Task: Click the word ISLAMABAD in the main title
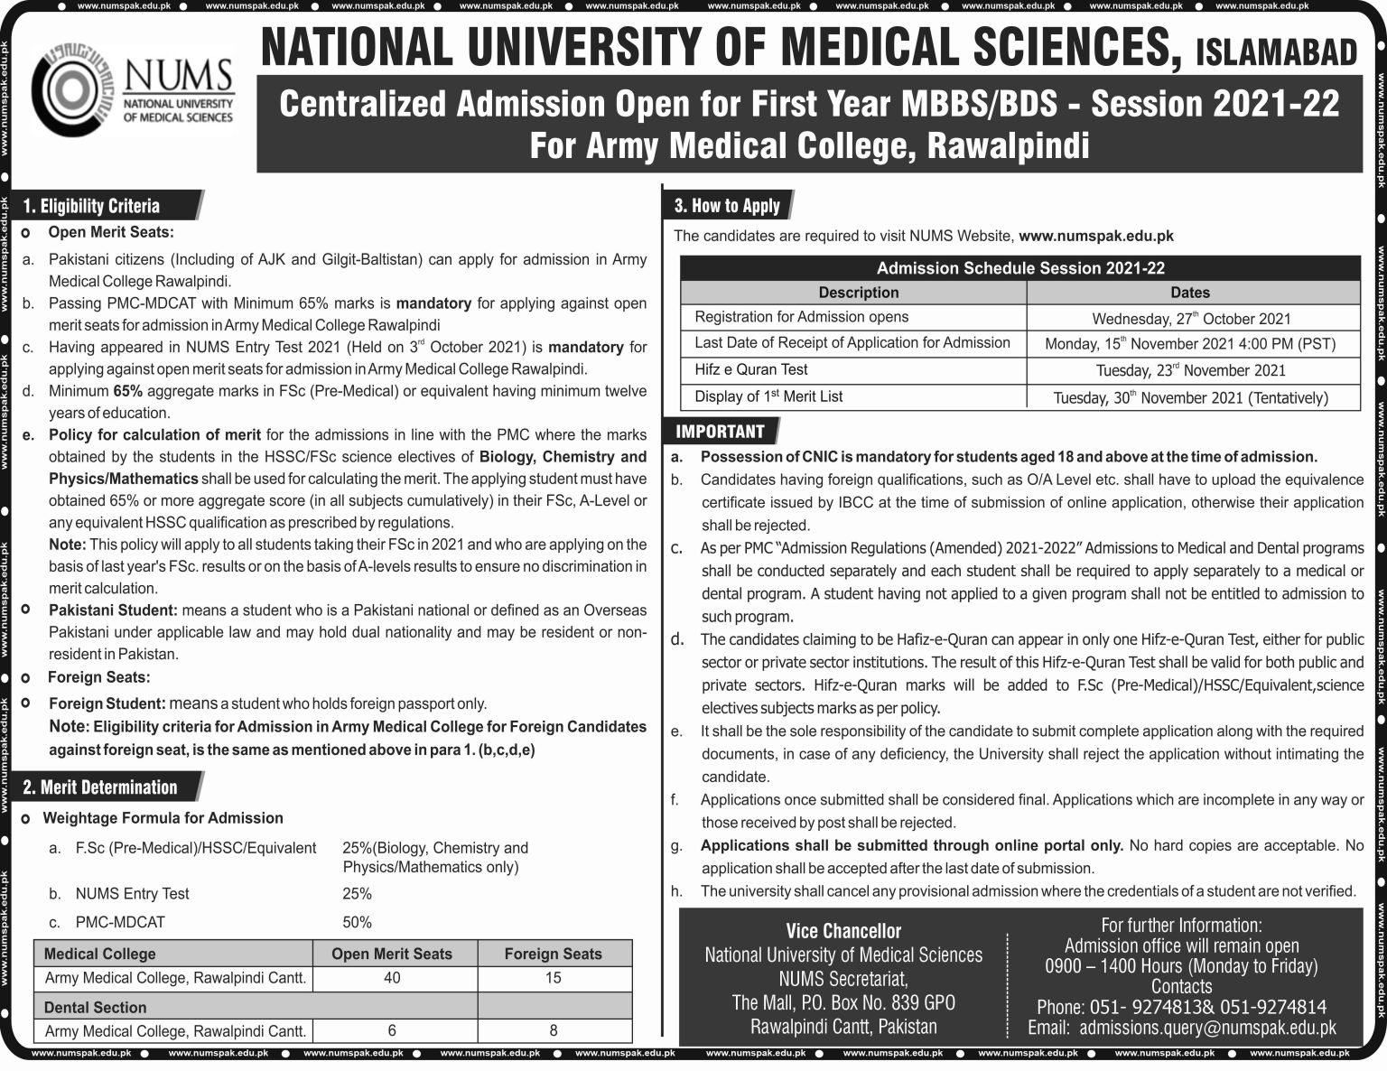coord(1275,54)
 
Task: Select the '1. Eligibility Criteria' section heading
coord(91,206)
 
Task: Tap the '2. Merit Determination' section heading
coord(100,787)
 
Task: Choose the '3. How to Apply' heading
coord(727,206)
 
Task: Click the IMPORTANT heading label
coord(720,432)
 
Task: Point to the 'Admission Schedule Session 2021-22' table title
coord(1019,268)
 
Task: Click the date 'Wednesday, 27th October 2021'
coord(1191,318)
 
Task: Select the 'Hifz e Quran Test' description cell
coord(751,369)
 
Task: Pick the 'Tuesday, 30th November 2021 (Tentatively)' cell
coord(1191,397)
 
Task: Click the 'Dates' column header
coord(1190,293)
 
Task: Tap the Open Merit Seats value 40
coord(392,978)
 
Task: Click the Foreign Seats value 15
coord(553,978)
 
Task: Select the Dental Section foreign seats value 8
coord(553,1030)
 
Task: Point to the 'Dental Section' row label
coord(95,1007)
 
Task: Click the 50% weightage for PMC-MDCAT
coord(357,922)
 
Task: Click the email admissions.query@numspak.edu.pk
coord(1207,1028)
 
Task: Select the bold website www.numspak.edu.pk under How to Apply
coord(1096,236)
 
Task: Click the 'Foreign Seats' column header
coord(553,954)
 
